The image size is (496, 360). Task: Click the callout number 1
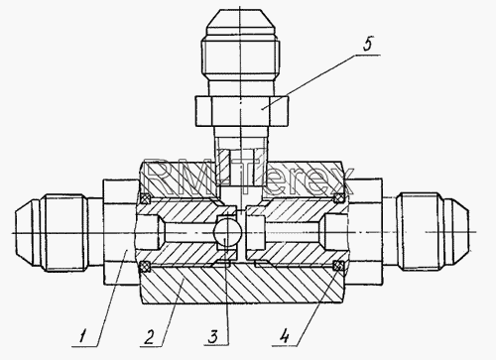(x=83, y=337)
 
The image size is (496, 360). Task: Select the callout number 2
(x=149, y=337)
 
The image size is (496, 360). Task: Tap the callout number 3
(x=213, y=337)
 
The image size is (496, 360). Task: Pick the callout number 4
(x=284, y=337)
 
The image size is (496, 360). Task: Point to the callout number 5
(x=368, y=45)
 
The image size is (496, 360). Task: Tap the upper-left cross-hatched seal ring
(x=146, y=198)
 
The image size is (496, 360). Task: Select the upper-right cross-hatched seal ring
(x=338, y=198)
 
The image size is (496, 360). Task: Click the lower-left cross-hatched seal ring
(x=145, y=266)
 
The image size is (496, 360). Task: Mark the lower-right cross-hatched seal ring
(x=337, y=266)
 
